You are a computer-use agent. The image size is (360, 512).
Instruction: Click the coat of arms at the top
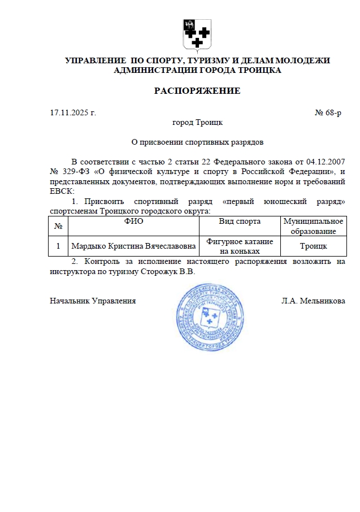(x=197, y=34)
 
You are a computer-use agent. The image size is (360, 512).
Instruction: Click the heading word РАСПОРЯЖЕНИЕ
(x=197, y=91)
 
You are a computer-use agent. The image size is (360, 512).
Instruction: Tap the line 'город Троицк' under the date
(x=197, y=122)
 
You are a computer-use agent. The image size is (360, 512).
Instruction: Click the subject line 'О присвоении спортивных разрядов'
(x=197, y=142)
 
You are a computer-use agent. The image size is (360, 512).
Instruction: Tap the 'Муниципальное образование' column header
(x=313, y=226)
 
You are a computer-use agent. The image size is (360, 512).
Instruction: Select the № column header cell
(x=58, y=226)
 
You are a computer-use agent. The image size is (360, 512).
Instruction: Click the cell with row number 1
(x=58, y=246)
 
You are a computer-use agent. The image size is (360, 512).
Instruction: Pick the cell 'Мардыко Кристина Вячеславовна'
(x=133, y=246)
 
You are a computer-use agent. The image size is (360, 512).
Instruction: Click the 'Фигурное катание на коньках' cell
(x=240, y=246)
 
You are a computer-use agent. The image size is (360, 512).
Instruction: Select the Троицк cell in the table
(x=313, y=246)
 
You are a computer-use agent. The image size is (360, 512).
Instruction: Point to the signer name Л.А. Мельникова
(x=313, y=301)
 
